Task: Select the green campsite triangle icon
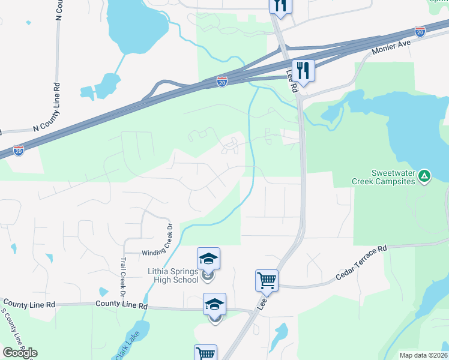tap(424, 176)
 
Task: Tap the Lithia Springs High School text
tap(173, 275)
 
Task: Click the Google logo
tap(20, 353)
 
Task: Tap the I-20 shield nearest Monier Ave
tap(420, 31)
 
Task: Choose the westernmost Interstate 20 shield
tap(19, 151)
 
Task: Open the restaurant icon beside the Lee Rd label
tap(304, 71)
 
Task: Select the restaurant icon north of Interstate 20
tap(280, 5)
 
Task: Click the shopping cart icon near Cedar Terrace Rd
tap(267, 280)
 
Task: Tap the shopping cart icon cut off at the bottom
tap(205, 353)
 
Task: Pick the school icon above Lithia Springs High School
tap(209, 259)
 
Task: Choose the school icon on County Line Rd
tap(215, 304)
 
